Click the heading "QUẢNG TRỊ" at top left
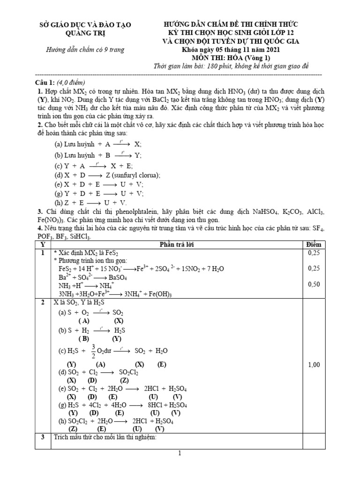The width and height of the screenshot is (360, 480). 85,32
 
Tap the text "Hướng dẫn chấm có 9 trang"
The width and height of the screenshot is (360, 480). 85,50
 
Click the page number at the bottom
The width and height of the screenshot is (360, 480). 180,453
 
